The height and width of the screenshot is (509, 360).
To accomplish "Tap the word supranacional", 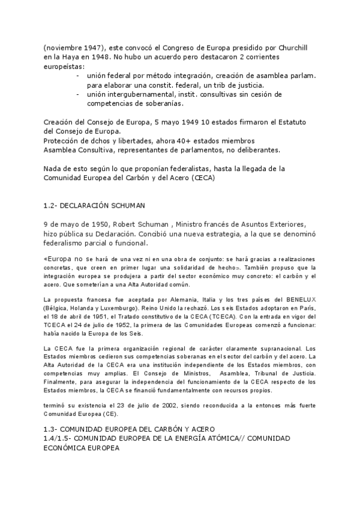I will [x=265, y=348].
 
